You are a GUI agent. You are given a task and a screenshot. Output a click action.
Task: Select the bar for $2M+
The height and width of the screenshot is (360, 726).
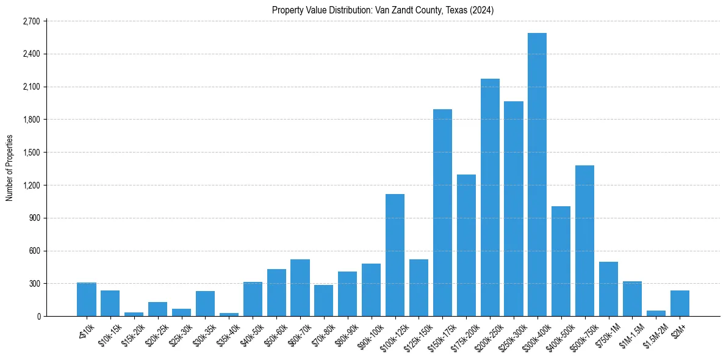click(x=680, y=303)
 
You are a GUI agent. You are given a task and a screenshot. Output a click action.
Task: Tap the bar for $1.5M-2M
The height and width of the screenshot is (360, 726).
click(x=656, y=313)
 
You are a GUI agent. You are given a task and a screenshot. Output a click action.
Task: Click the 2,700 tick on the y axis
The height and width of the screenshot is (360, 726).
click(x=31, y=21)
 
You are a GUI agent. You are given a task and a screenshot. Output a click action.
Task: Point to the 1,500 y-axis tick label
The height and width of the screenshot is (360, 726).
click(x=31, y=153)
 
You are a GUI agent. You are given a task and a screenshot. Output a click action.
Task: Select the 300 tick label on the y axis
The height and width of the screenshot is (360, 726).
click(x=34, y=284)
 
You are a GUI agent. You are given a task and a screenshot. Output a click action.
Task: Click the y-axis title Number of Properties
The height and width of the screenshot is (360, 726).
click(x=9, y=168)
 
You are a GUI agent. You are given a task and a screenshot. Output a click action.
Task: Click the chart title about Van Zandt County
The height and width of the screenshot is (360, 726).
click(x=383, y=10)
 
